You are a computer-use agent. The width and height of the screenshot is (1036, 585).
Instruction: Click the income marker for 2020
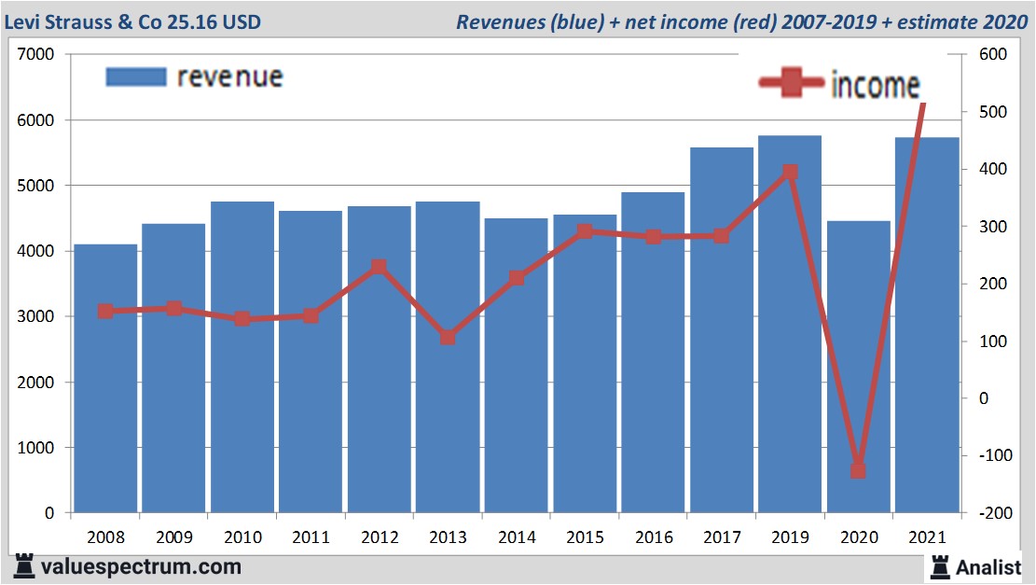coord(858,470)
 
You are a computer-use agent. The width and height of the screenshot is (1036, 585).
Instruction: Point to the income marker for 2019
coord(790,173)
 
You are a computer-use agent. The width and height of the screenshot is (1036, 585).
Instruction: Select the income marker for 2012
coord(379,268)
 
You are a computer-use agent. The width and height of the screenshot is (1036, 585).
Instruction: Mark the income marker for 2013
coord(448,337)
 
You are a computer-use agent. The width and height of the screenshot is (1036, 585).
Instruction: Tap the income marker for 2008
coord(105,312)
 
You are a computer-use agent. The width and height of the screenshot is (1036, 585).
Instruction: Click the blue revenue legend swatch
coord(136,77)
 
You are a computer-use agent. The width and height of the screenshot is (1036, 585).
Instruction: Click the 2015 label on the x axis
coord(585,538)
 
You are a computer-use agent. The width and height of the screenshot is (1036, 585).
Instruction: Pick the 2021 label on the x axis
coord(927,538)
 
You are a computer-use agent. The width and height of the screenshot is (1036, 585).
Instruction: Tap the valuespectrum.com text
coord(140,566)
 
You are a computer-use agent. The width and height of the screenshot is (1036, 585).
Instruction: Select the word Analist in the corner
coord(990,566)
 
